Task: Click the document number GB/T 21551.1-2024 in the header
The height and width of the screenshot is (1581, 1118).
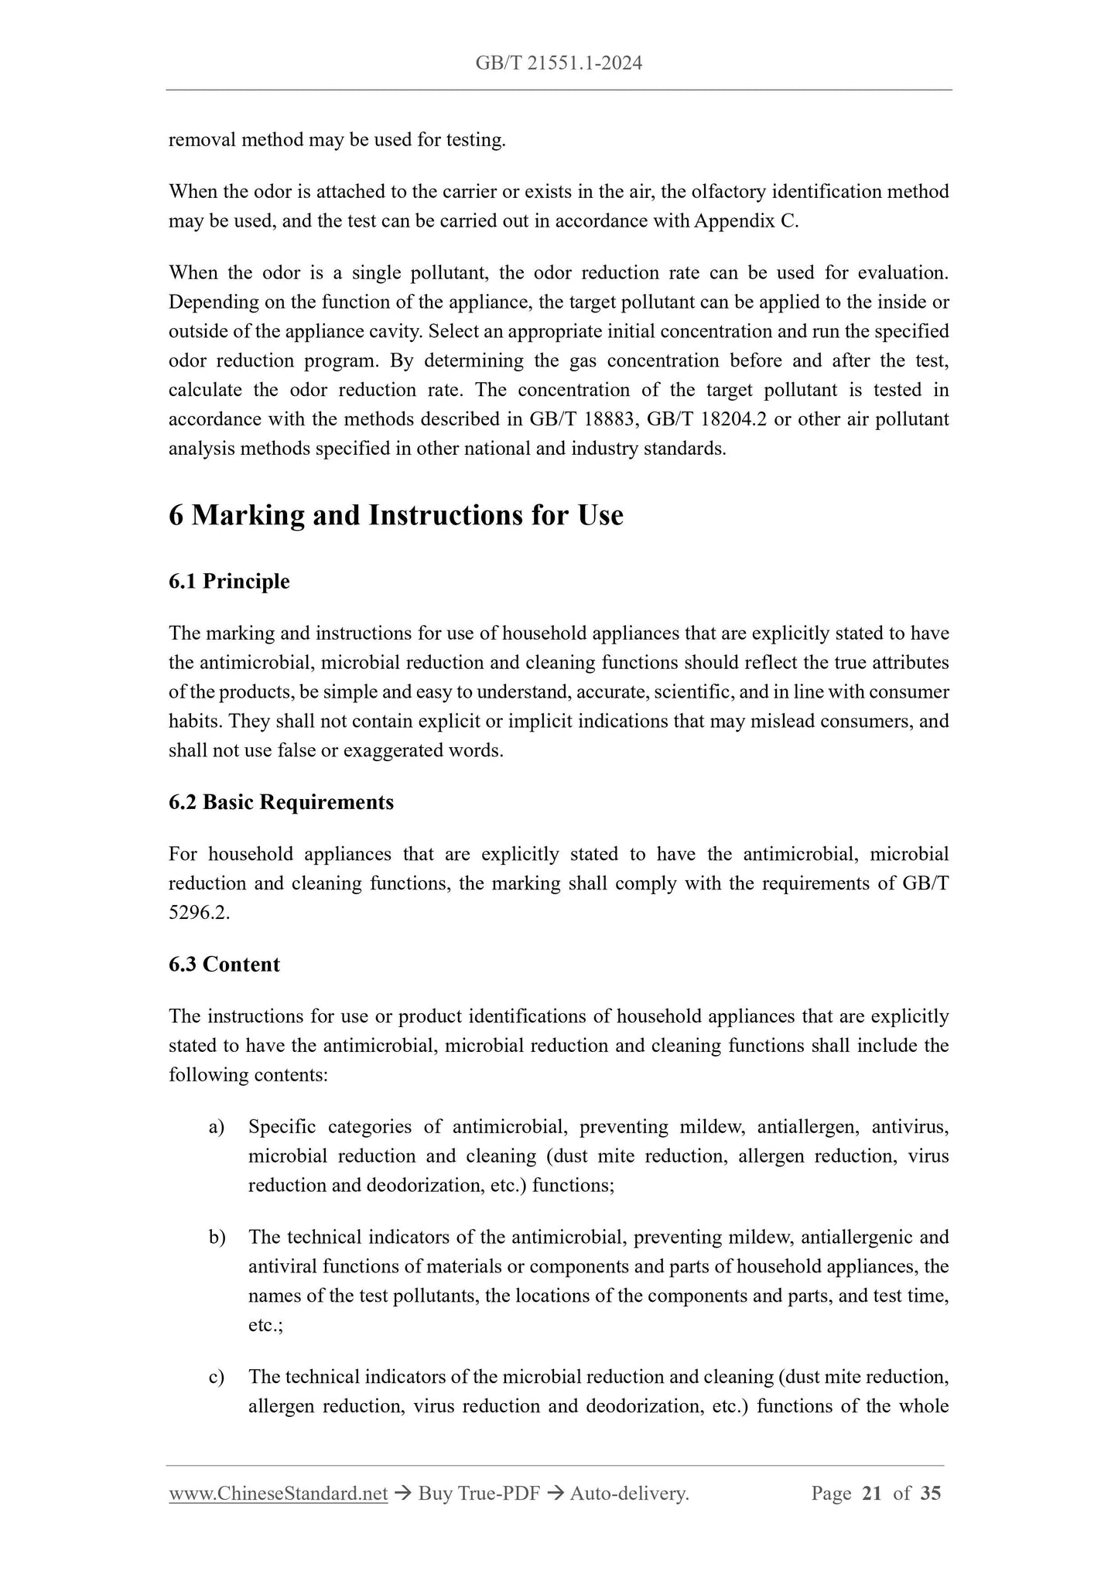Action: [559, 63]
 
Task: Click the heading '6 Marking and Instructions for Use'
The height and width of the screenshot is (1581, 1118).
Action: [395, 515]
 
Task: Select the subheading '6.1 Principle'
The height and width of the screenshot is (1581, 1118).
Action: [229, 582]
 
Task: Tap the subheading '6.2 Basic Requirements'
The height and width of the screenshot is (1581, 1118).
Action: [281, 802]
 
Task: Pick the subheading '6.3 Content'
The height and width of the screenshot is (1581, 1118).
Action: [224, 965]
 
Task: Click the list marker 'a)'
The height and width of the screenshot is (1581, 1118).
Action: [217, 1127]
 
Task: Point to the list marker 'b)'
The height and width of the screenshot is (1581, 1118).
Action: [217, 1237]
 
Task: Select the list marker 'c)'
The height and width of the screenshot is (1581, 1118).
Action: [217, 1376]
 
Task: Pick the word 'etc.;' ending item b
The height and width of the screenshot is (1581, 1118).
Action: [265, 1325]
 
